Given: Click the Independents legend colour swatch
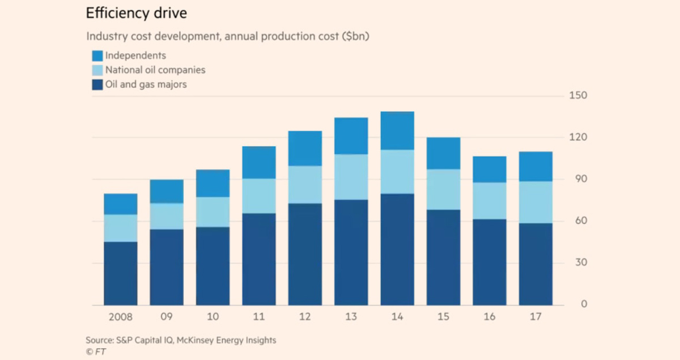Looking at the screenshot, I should point(97,56).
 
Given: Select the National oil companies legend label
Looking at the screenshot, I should point(155,70).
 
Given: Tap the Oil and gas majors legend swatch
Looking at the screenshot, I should point(97,85).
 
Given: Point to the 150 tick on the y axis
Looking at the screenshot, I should point(577,95).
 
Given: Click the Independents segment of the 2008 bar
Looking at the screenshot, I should point(120,204).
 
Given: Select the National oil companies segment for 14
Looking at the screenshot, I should point(397,172).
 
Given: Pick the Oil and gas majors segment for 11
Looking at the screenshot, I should point(259,259).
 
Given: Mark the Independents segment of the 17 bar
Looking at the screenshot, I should point(535,167).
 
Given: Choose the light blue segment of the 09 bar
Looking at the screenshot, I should point(167,216).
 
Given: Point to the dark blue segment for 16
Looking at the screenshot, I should point(490,262).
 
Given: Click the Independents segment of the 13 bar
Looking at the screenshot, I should point(351,136).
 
